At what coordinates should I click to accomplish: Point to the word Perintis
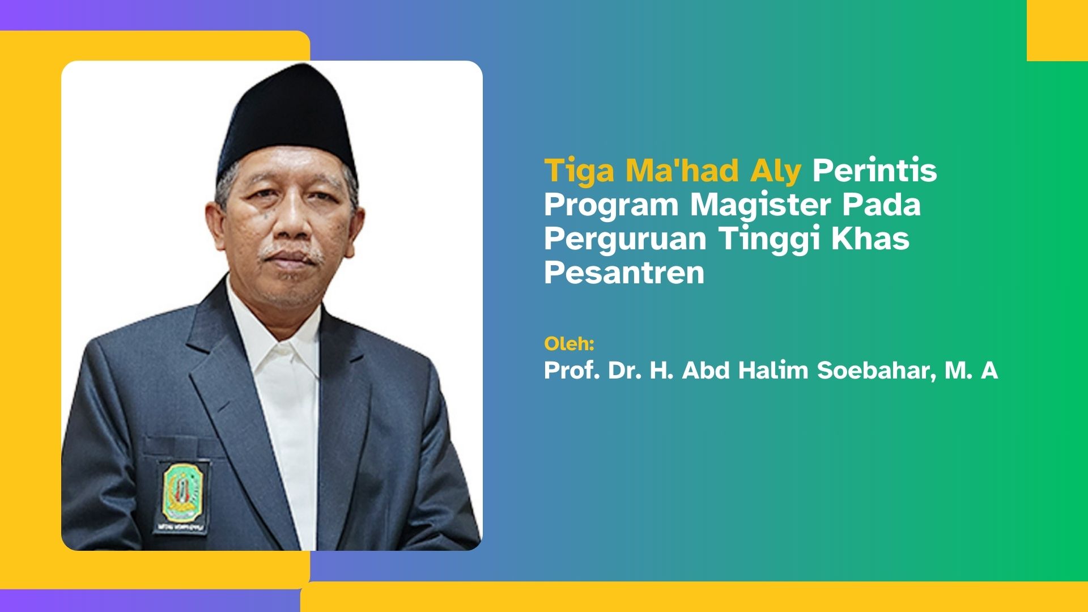click(875, 170)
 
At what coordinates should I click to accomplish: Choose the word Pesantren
click(624, 273)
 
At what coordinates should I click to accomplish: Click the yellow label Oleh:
click(569, 343)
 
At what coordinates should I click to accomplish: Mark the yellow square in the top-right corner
click(1057, 31)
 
